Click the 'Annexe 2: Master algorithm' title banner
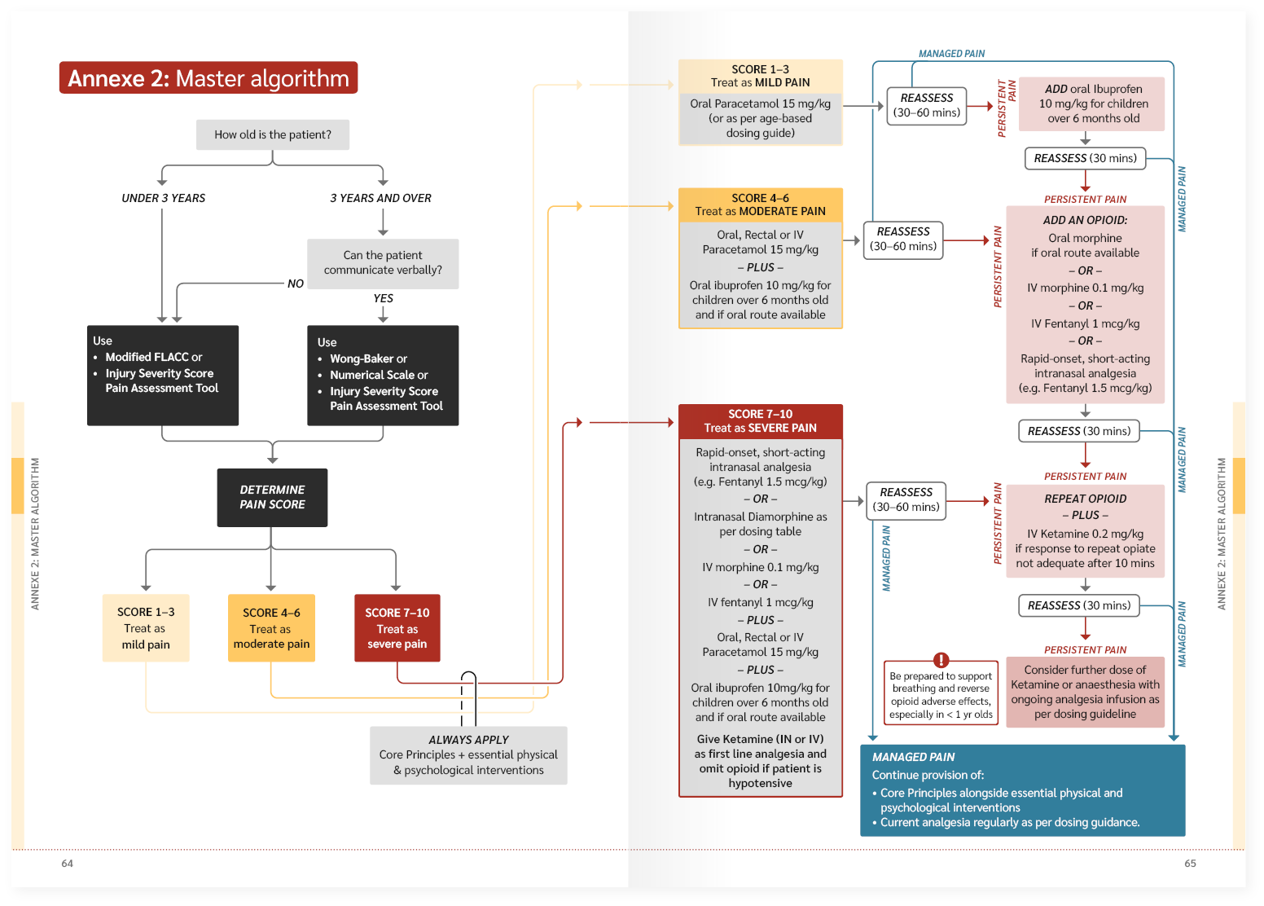coord(208,78)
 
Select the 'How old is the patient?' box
coord(273,135)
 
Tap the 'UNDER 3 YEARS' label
coord(164,198)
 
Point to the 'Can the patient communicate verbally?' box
coord(383,263)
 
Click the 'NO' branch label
coord(296,284)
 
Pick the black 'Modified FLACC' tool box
coord(163,375)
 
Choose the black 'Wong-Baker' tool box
coord(383,375)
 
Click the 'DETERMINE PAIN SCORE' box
coord(272,497)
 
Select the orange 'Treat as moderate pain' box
coord(271,628)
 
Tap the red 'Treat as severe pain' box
coord(397,628)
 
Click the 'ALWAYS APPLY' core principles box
coord(468,755)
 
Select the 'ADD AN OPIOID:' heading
coord(1085,220)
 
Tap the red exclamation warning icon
coord(941,660)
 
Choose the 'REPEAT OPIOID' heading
coord(1085,499)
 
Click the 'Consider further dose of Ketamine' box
coord(1085,692)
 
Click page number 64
coord(67,864)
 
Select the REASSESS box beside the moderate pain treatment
coord(903,240)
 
